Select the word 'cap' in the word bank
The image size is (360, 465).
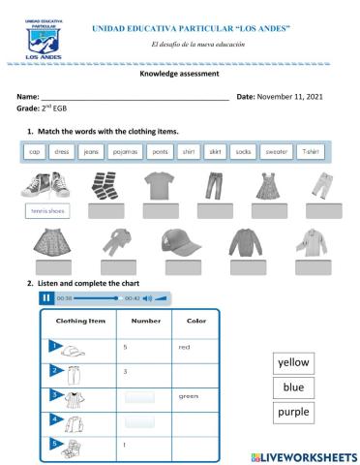(x=34, y=151)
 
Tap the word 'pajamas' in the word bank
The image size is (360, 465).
(x=125, y=151)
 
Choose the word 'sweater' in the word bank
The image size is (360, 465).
(x=276, y=151)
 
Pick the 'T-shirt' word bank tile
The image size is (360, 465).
(x=309, y=151)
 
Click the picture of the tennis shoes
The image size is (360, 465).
(x=43, y=184)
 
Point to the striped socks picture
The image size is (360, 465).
(x=103, y=184)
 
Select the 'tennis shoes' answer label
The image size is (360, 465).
(x=43, y=210)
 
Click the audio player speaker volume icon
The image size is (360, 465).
(x=148, y=297)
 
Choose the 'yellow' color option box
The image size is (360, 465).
(x=292, y=362)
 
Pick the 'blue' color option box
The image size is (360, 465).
(x=292, y=387)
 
